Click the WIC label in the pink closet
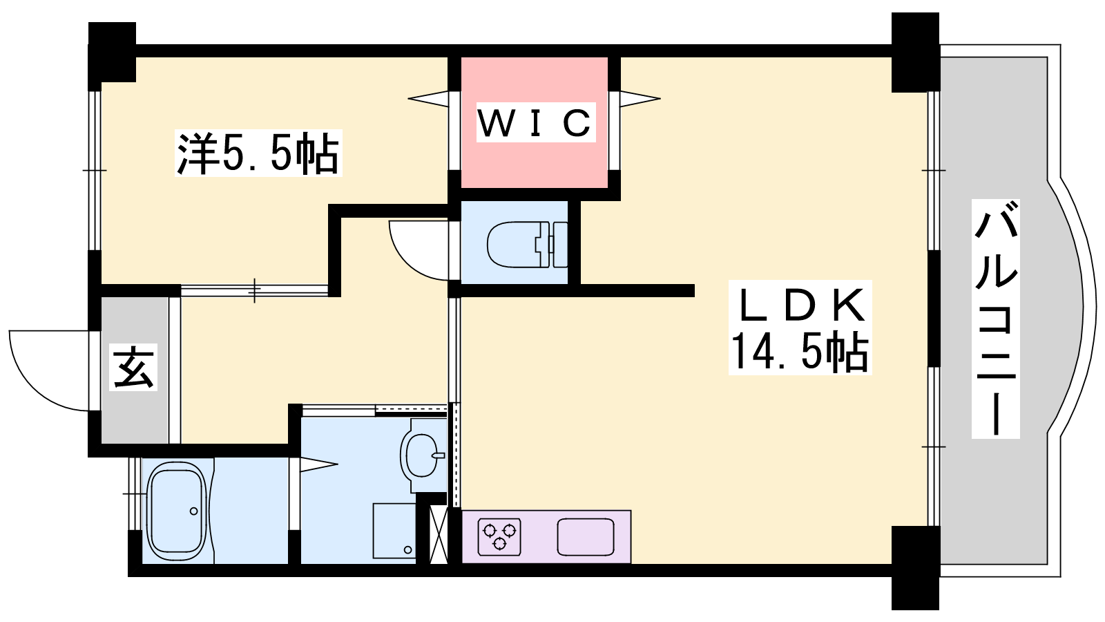click(x=536, y=122)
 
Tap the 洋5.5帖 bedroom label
click(x=258, y=153)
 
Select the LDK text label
click(x=800, y=305)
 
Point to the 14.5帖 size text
click(x=800, y=352)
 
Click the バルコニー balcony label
click(x=996, y=319)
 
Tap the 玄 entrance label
click(x=133, y=367)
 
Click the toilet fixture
click(x=527, y=245)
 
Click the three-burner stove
click(x=499, y=536)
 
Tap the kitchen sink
click(x=586, y=536)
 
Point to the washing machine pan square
click(x=394, y=531)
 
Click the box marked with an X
click(x=439, y=535)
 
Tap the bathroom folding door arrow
click(x=318, y=464)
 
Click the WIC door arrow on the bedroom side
click(x=428, y=98)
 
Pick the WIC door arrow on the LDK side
click(x=640, y=99)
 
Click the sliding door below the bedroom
click(x=255, y=291)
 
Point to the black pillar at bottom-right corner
click(x=916, y=567)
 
